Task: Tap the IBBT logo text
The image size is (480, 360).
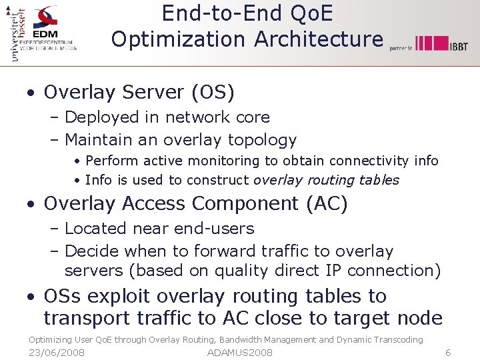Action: (x=458, y=45)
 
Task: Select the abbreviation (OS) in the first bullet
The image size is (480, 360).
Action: (x=213, y=92)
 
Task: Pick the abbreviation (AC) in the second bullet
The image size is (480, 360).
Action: (x=327, y=203)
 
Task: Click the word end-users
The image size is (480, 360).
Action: (x=214, y=228)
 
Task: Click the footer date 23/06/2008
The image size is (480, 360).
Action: (x=57, y=352)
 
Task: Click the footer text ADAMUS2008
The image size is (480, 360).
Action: (x=240, y=352)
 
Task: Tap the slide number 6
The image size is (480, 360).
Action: (x=448, y=352)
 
